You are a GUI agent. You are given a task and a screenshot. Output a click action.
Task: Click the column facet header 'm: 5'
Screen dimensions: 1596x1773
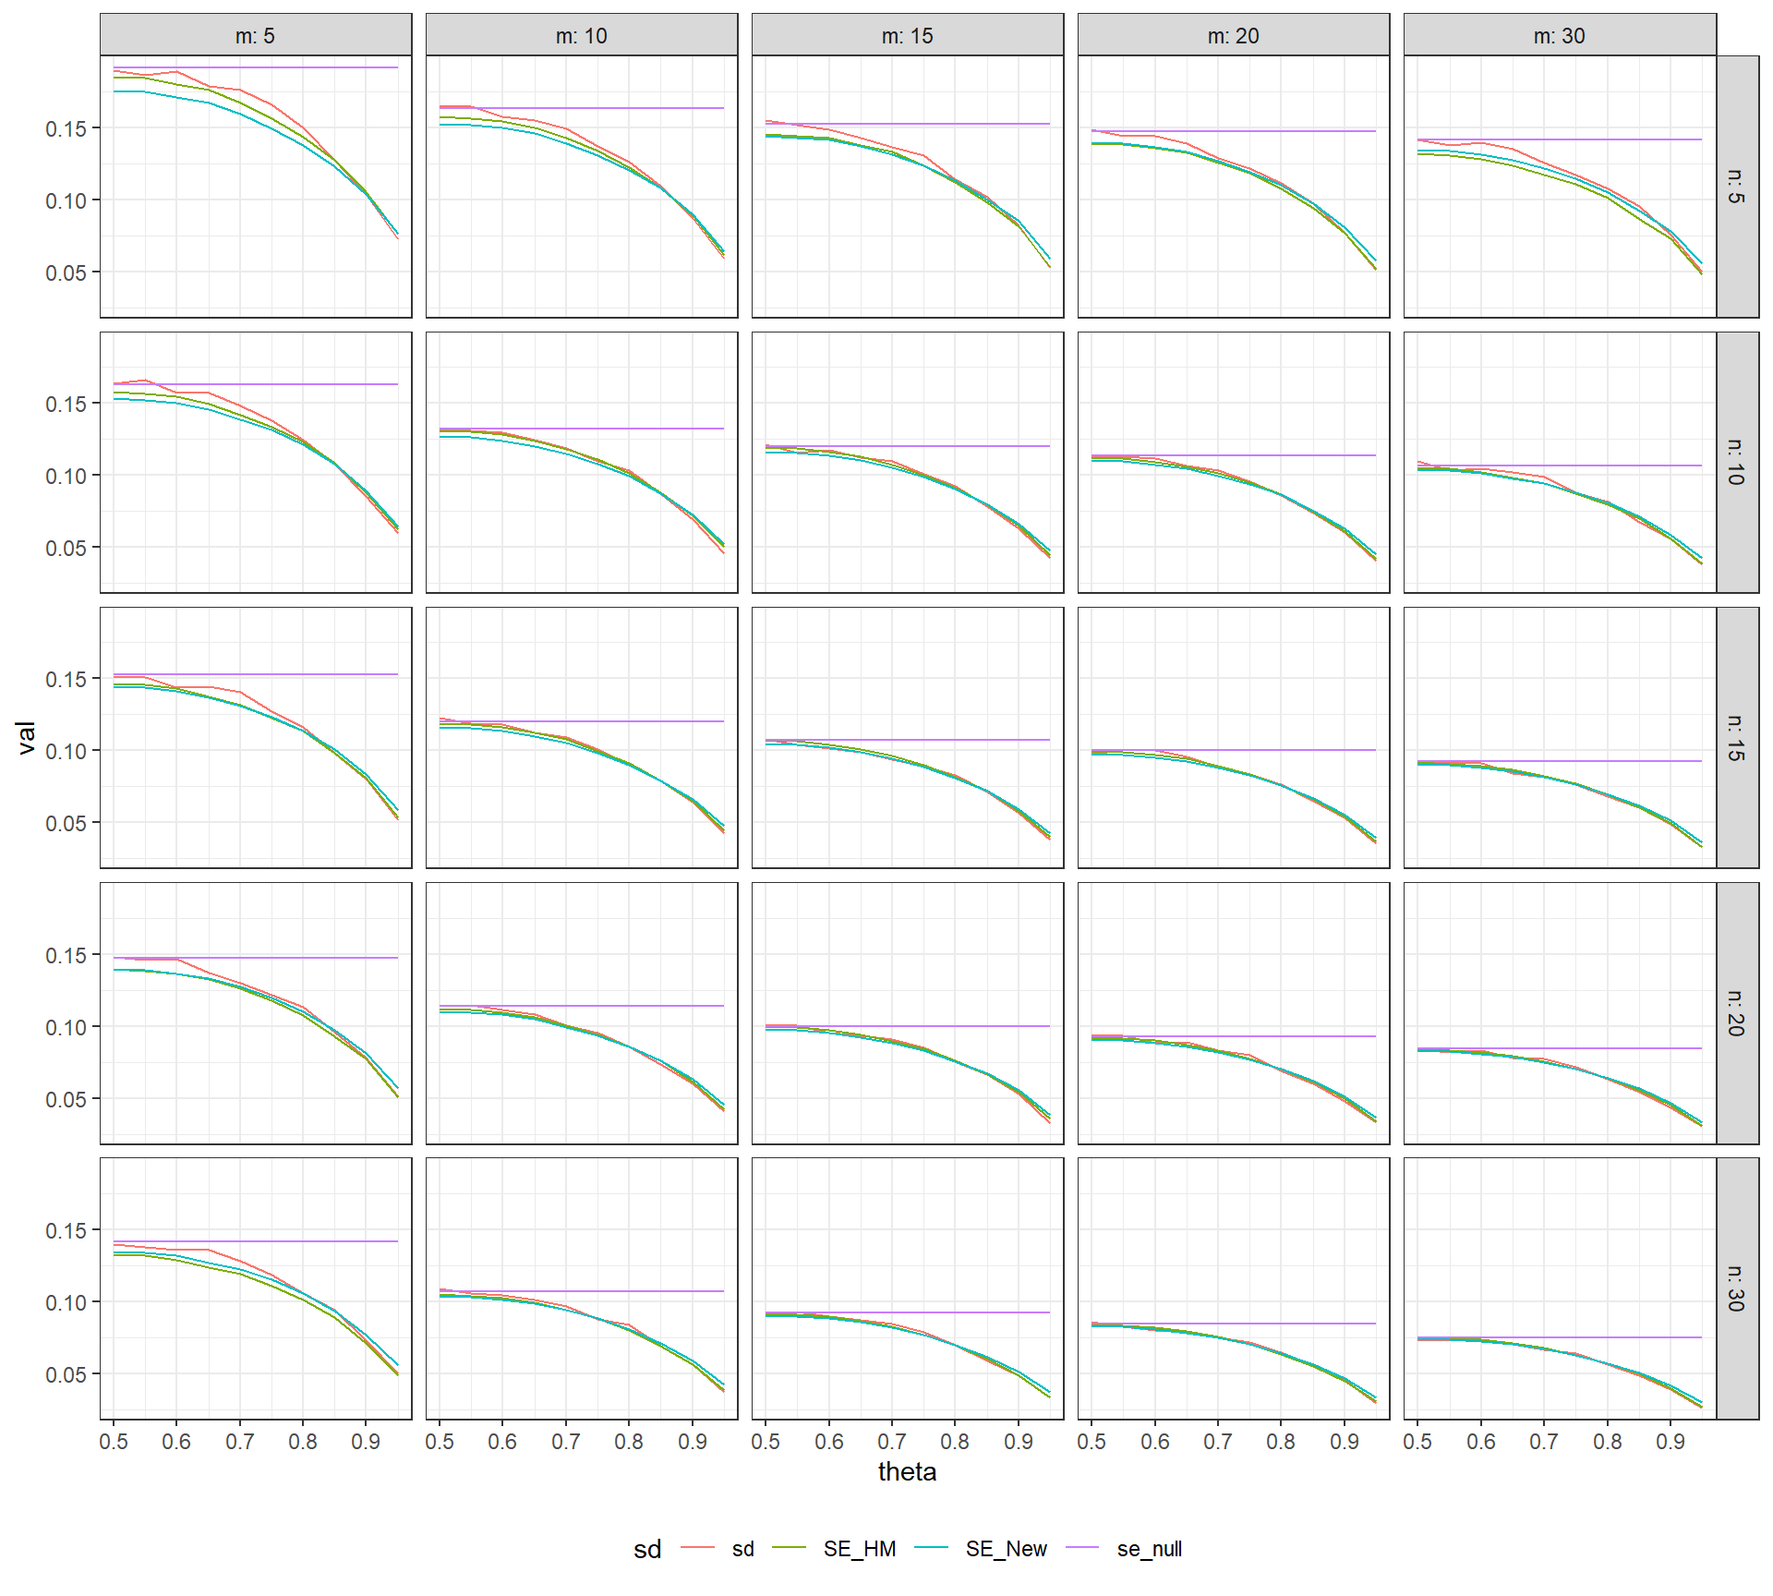coord(255,36)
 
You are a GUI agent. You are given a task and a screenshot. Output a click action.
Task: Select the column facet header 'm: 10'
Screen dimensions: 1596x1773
coord(581,36)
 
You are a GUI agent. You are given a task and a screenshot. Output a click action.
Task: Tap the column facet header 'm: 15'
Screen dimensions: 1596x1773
coord(907,36)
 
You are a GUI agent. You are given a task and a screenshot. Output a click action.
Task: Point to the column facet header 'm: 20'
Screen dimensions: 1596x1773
coord(1233,36)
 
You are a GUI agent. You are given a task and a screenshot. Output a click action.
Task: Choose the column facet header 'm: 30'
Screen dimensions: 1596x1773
coord(1559,36)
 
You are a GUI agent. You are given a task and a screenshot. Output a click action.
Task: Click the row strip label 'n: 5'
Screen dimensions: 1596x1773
coord(1737,187)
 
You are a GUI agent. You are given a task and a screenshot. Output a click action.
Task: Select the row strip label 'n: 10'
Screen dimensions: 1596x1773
coord(1737,462)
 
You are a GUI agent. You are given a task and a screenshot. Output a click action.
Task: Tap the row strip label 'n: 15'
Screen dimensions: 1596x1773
coord(1737,737)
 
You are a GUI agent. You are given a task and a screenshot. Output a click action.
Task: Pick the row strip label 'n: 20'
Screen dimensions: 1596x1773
coord(1737,1013)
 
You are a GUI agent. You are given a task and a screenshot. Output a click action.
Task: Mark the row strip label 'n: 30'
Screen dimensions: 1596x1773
coord(1737,1288)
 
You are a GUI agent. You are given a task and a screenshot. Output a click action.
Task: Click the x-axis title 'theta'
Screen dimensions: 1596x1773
coord(907,1471)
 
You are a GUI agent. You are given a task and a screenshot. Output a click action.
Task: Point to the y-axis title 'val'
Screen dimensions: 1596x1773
coord(26,737)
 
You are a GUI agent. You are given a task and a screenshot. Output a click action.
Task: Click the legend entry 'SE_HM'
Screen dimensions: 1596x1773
coord(859,1549)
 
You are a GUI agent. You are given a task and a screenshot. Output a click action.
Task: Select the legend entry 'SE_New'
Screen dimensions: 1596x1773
coord(1006,1549)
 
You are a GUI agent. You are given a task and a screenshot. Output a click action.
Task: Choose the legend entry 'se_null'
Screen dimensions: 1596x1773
coord(1149,1549)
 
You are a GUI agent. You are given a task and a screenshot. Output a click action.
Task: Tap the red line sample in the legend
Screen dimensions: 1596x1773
coord(697,1548)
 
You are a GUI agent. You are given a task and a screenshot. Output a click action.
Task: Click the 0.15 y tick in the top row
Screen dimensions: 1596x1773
coord(66,128)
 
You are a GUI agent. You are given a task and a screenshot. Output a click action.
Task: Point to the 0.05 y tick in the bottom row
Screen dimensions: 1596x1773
coord(66,1374)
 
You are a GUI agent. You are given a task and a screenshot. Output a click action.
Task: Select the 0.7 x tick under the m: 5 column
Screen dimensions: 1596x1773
coord(240,1442)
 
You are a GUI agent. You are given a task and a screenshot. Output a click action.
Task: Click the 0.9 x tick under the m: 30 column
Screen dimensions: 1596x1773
coord(1670,1442)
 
